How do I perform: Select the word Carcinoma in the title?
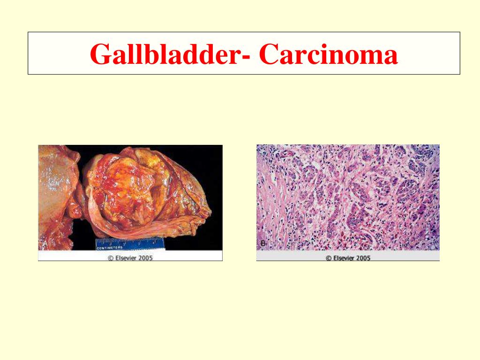[x=329, y=54]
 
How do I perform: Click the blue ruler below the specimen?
[x=128, y=243]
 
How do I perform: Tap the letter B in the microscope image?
[x=262, y=243]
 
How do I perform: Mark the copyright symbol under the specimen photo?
[x=111, y=257]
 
